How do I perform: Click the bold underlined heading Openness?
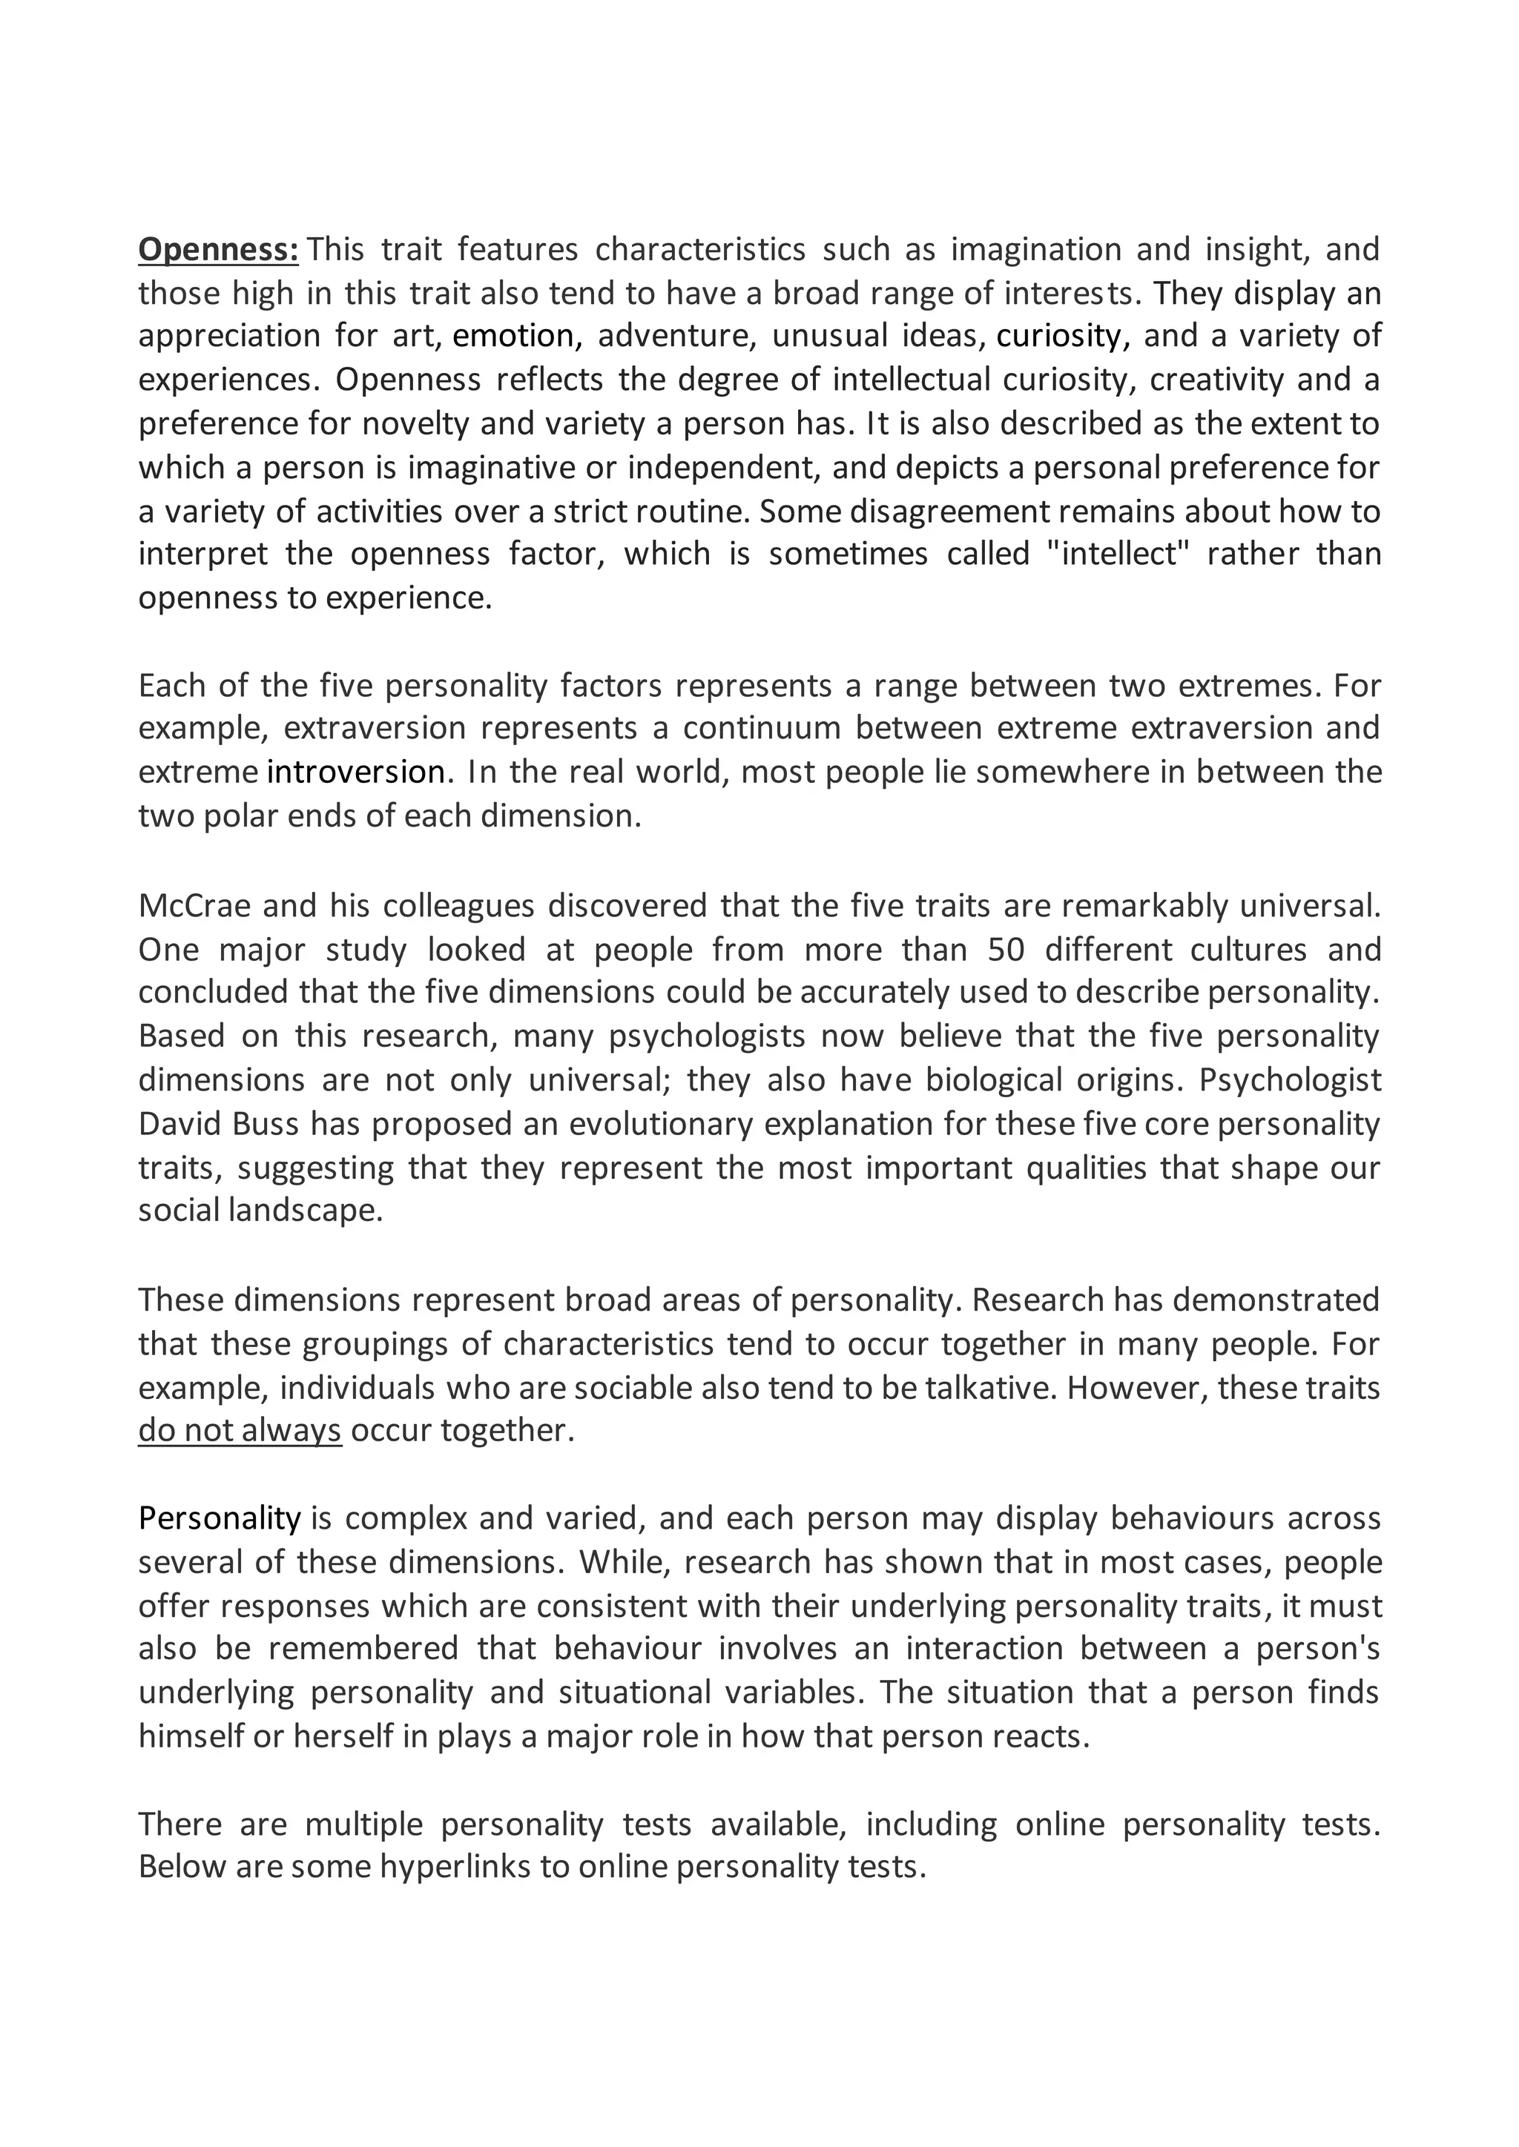pos(218,250)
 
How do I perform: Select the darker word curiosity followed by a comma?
pos(1063,336)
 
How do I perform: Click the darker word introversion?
pos(355,773)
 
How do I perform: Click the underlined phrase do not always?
pos(240,1430)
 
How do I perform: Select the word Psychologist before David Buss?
pos(1290,1080)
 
